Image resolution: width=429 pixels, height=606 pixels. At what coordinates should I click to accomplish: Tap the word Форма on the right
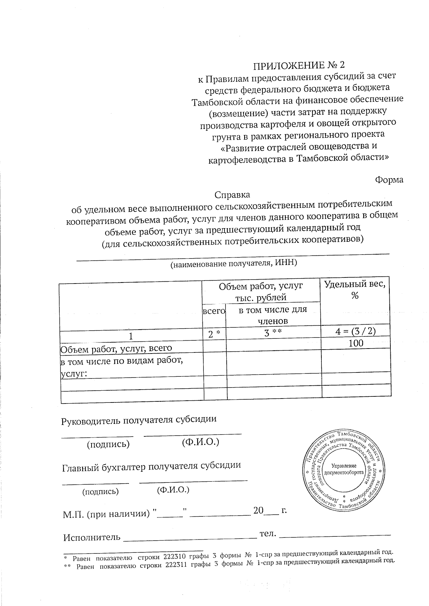[389, 180]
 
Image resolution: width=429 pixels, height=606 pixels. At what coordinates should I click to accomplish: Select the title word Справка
[232, 195]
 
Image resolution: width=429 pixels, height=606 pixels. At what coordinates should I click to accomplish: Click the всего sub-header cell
[214, 311]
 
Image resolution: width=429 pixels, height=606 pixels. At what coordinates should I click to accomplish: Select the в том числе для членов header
[273, 315]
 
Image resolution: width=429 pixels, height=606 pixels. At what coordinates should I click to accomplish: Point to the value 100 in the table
[356, 343]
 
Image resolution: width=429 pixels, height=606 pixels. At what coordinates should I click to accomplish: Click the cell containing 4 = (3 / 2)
[355, 331]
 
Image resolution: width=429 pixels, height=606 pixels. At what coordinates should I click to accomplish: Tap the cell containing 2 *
[214, 334]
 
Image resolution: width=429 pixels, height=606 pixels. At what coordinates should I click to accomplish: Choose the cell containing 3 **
[273, 333]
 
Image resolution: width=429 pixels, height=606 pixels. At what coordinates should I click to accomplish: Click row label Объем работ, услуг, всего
[117, 348]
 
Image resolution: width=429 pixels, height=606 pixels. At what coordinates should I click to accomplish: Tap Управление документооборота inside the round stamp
[344, 470]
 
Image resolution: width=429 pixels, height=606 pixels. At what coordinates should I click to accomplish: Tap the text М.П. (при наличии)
[106, 514]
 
